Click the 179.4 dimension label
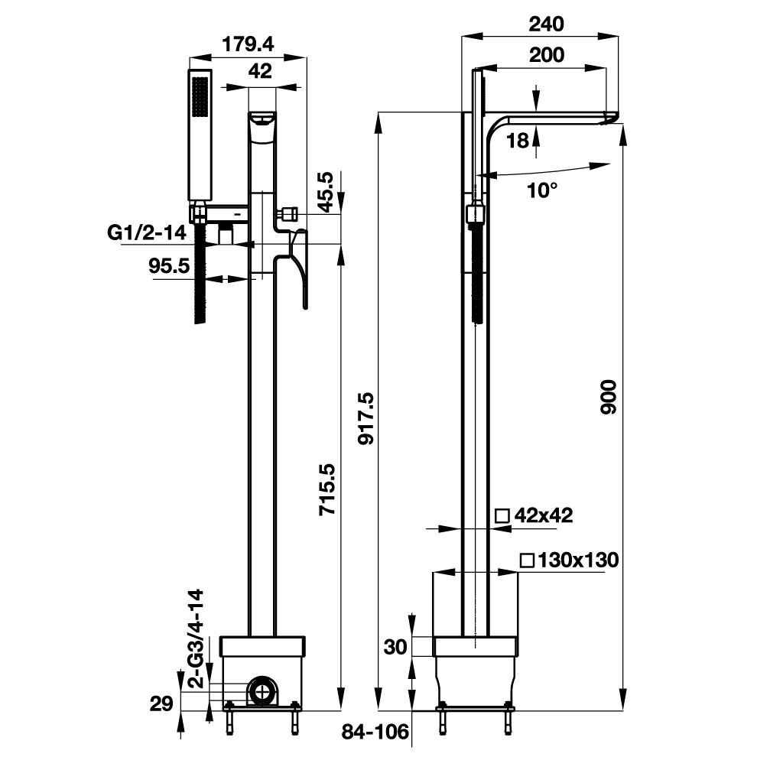(x=247, y=44)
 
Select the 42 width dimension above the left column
(x=262, y=71)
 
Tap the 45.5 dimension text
(x=326, y=192)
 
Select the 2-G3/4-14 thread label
(x=197, y=639)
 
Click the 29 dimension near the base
(x=161, y=703)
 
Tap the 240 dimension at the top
(x=547, y=24)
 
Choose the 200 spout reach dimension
(x=547, y=55)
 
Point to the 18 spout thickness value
(x=518, y=139)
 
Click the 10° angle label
(x=542, y=190)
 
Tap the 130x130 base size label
(x=569, y=560)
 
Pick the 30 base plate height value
(x=395, y=647)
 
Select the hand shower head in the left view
(x=200, y=138)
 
